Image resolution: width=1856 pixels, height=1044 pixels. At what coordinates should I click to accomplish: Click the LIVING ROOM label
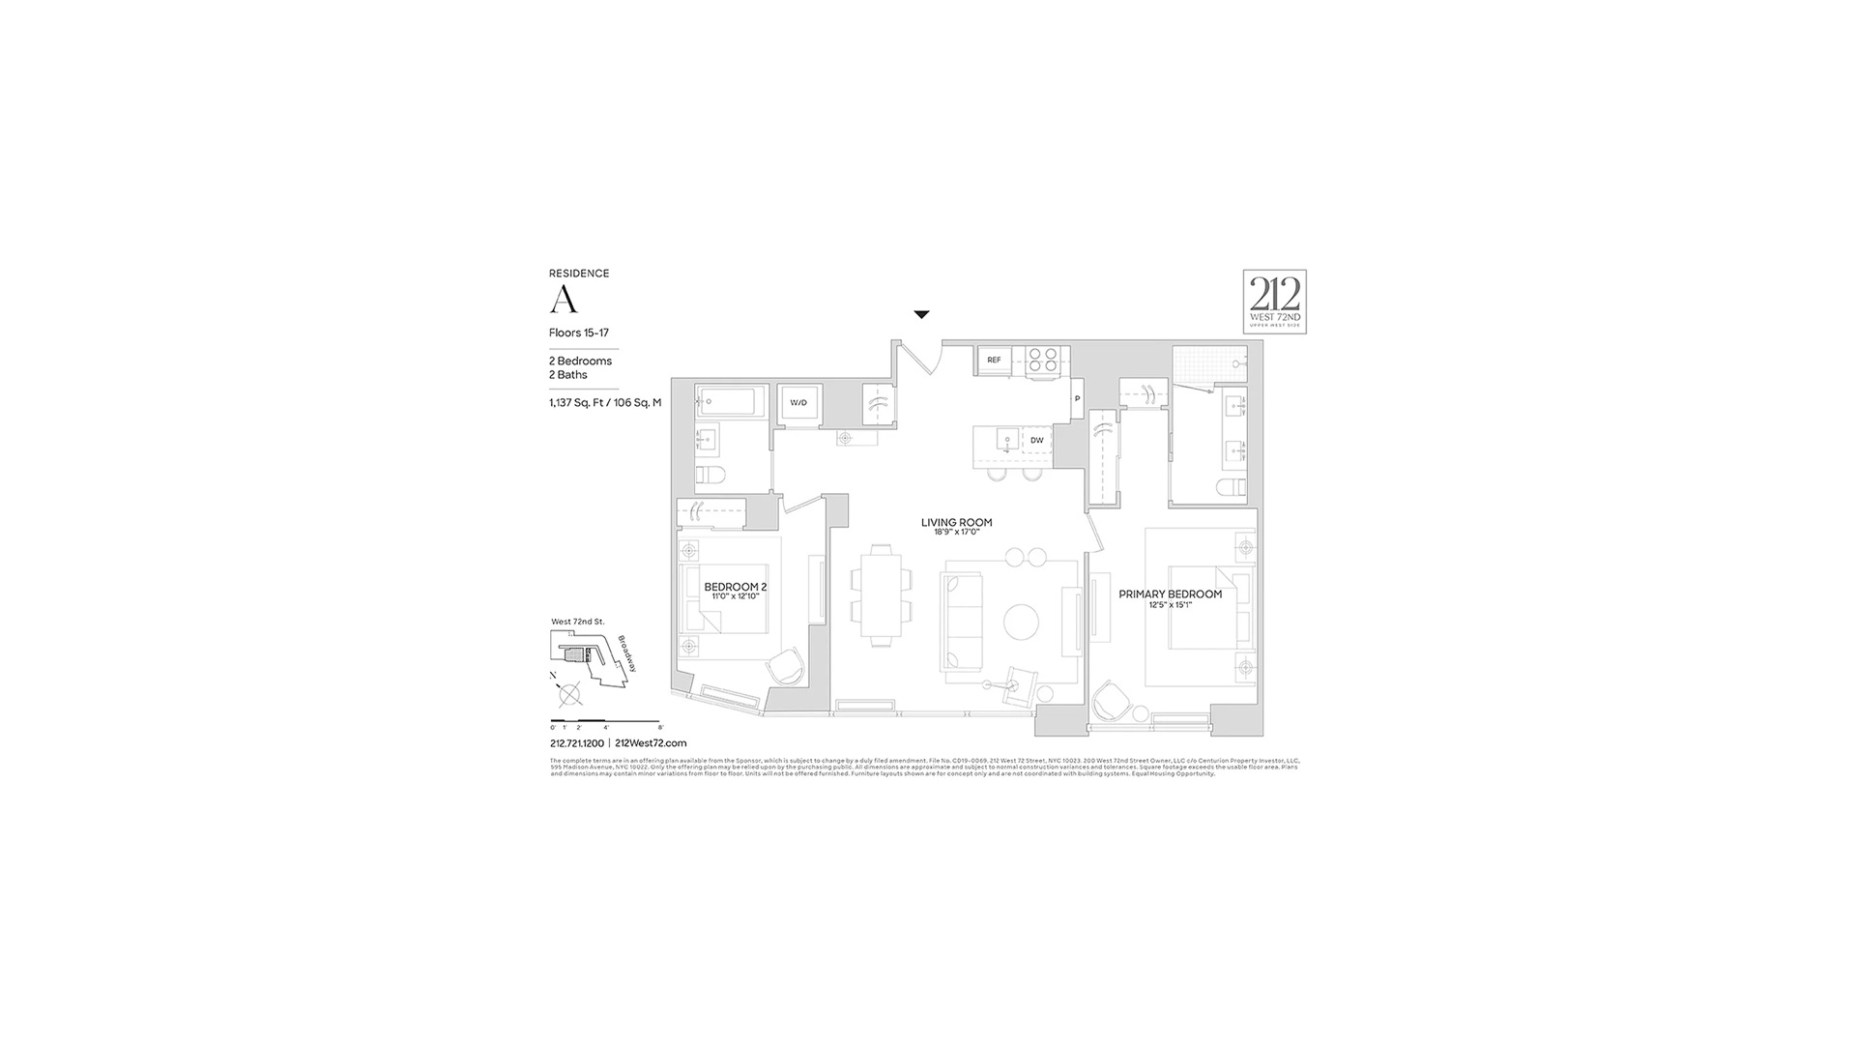pos(956,523)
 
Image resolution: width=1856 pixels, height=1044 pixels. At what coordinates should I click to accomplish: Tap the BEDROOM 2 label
pos(735,587)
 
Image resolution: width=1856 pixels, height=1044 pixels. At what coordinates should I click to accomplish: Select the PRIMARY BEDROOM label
pos(1170,594)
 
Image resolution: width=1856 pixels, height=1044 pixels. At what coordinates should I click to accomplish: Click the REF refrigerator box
pos(994,360)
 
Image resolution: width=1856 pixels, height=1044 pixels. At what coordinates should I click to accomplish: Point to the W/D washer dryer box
pos(798,402)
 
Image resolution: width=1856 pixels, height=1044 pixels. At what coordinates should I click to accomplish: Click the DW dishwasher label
pos(1036,441)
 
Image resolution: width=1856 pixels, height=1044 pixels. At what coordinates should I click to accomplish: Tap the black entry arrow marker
pos(921,314)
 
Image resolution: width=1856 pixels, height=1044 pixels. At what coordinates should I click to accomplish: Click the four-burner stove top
pos(1042,360)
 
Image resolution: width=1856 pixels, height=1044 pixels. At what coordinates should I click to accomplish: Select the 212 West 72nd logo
pos(1274,302)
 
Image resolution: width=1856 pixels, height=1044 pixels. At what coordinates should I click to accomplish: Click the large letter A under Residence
pos(564,301)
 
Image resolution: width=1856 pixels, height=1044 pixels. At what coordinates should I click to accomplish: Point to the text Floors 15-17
pos(578,333)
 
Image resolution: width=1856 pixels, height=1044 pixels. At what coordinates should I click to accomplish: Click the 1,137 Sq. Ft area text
pos(605,403)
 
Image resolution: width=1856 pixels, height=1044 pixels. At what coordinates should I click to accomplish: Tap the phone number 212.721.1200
pos(576,743)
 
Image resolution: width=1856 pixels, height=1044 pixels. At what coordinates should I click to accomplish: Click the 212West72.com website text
pos(651,743)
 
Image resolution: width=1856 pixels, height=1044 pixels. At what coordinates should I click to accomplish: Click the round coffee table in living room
pos(1021,623)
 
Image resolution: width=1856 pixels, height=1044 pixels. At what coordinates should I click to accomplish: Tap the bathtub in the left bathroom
pos(731,402)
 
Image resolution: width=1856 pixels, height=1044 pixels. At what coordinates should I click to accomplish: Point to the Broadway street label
pos(626,653)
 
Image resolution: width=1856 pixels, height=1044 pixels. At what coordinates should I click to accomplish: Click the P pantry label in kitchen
pos(1077,398)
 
